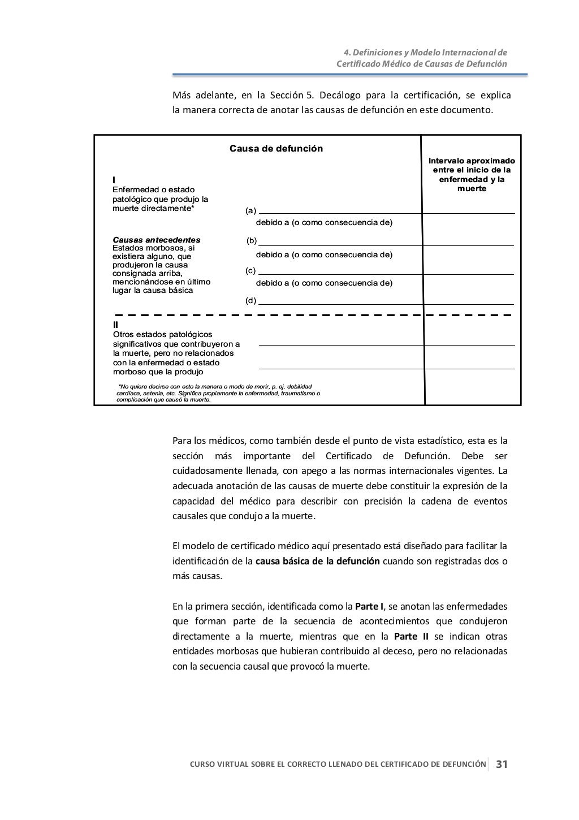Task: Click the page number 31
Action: coord(502,765)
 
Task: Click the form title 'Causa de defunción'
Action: coord(276,149)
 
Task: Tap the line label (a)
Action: coord(250,211)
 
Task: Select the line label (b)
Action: coord(252,241)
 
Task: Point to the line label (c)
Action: coord(250,270)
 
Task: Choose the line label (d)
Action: coord(250,300)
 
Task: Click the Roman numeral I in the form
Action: coord(114,180)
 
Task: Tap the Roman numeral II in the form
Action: coord(116,325)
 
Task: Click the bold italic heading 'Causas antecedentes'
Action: coord(157,240)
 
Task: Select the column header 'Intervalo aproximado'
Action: coord(472,161)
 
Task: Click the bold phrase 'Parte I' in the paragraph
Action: coord(369,606)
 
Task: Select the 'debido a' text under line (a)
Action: coord(324,222)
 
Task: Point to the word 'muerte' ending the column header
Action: coord(472,188)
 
